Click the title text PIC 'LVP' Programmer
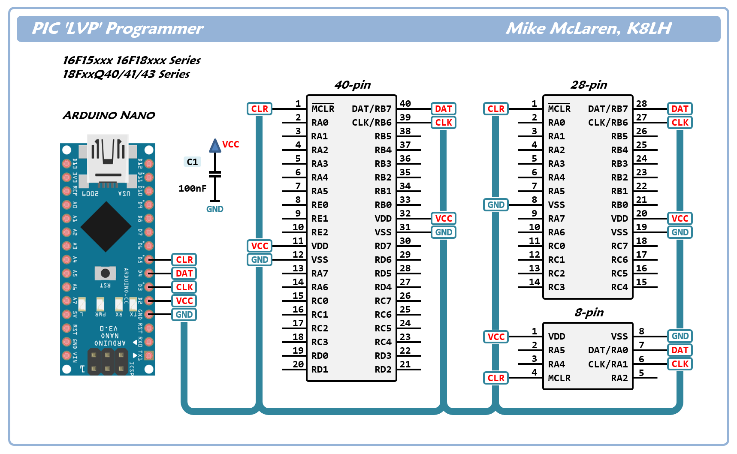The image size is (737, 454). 118,28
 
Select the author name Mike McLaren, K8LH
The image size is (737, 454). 588,28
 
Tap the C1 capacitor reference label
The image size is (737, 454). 192,162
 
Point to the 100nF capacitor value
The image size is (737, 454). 192,188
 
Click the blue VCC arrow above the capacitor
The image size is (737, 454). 215,146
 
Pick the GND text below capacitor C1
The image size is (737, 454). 214,209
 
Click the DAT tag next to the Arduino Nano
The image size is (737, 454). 184,274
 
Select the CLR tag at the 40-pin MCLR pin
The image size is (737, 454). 260,109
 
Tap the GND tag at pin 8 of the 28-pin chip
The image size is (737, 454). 496,205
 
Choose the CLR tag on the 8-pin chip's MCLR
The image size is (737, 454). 496,378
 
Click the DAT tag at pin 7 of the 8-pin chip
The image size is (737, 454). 680,350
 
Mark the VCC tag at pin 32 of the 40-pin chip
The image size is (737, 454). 444,219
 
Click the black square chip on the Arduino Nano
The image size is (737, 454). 106,226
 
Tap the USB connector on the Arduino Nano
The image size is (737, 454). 108,159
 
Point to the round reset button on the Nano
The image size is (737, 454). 105,273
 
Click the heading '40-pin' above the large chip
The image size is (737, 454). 353,85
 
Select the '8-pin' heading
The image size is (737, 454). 589,313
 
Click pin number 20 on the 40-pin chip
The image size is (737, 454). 298,364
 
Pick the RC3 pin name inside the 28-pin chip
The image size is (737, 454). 556,287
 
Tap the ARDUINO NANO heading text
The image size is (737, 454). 109,115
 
